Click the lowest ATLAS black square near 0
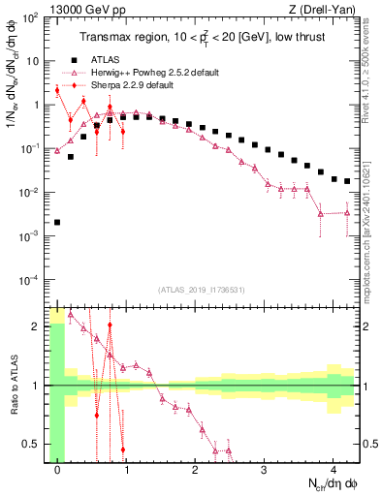pyautogui.click(x=57, y=222)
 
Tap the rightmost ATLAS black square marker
pyautogui.click(x=347, y=181)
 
